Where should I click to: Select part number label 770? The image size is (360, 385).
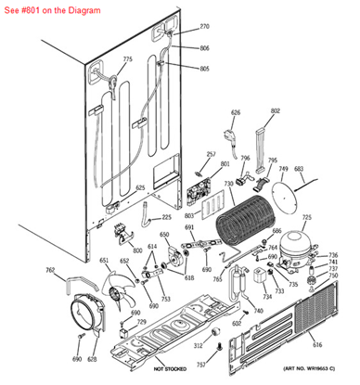(x=204, y=27)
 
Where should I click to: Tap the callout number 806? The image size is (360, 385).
(x=204, y=48)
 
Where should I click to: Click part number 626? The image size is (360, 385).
(x=235, y=113)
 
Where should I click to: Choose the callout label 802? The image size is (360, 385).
(x=275, y=110)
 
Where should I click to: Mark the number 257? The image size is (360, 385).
(x=211, y=154)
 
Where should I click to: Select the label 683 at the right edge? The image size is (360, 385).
(x=299, y=170)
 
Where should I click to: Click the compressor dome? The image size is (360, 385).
(x=302, y=243)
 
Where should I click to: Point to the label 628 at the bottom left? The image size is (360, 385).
(x=92, y=358)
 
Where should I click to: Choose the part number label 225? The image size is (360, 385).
(x=166, y=218)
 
